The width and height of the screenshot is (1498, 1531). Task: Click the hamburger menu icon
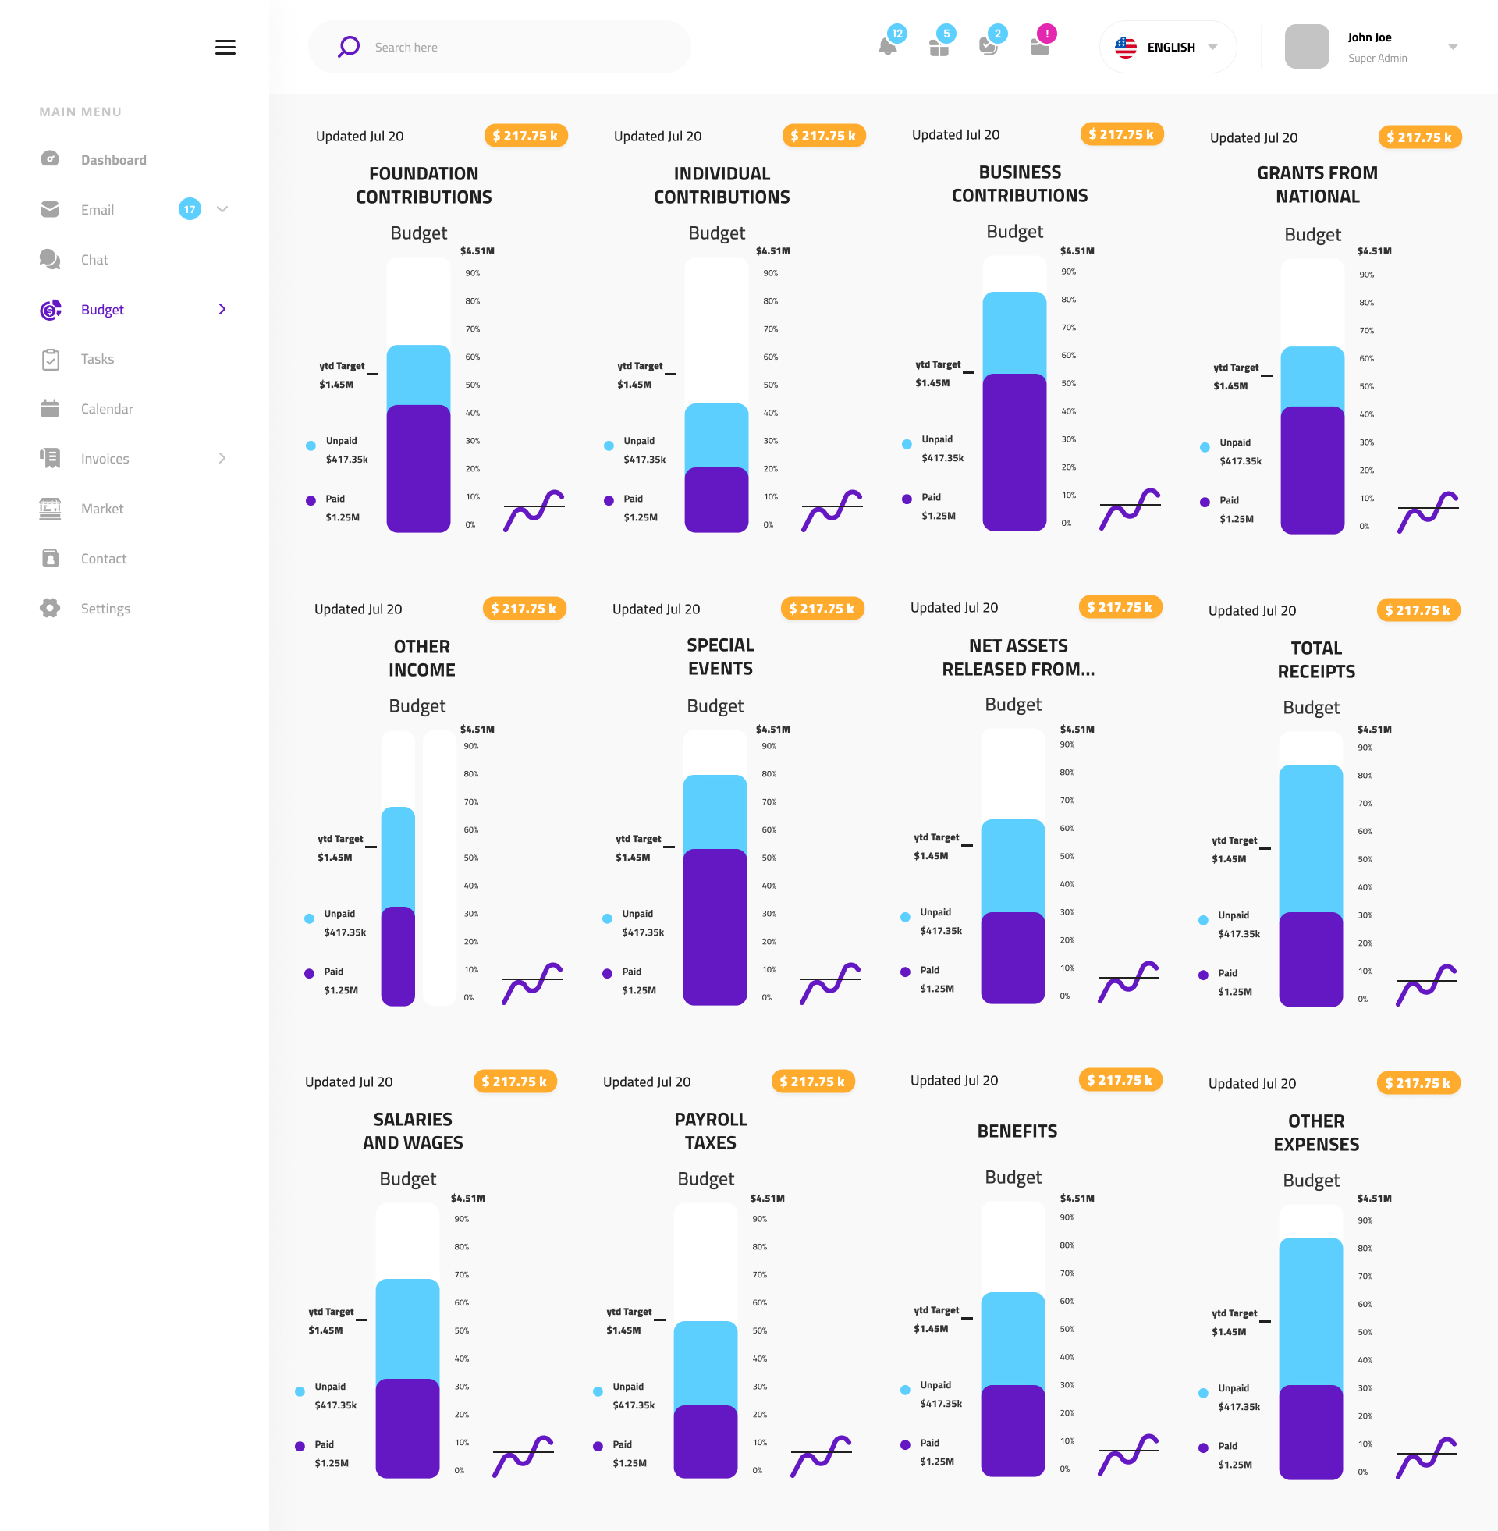(x=225, y=47)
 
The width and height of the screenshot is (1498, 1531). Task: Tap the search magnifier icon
(x=349, y=46)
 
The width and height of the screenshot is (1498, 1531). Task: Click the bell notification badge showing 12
(x=896, y=34)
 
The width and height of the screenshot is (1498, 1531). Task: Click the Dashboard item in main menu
(x=113, y=160)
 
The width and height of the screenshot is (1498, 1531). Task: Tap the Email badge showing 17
(x=190, y=209)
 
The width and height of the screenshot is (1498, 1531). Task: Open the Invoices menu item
(x=105, y=459)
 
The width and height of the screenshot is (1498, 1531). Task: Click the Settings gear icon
(x=51, y=608)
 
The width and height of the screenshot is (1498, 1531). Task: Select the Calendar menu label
(x=107, y=409)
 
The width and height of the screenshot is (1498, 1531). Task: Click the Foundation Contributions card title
(x=424, y=185)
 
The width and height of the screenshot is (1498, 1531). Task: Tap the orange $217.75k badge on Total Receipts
(x=1418, y=609)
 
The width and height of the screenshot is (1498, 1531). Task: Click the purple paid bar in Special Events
(x=715, y=926)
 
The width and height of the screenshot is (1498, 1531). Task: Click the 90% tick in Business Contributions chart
(x=1068, y=272)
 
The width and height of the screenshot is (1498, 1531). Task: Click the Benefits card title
(x=1017, y=1131)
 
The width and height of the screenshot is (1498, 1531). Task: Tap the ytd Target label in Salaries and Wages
(x=331, y=1312)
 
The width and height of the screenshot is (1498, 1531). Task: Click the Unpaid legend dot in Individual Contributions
(x=608, y=446)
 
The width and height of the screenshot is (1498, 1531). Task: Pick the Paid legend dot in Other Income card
(x=309, y=973)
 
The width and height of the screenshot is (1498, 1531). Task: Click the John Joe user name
(x=1369, y=37)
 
